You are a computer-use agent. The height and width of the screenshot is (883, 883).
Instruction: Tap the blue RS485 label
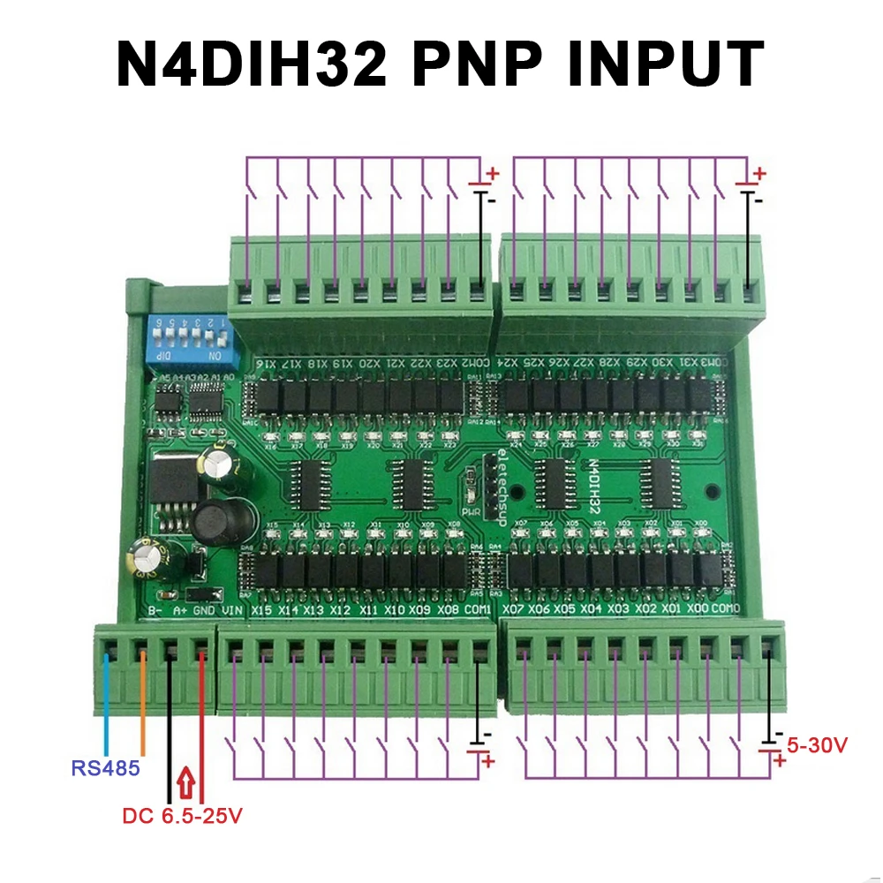tap(106, 768)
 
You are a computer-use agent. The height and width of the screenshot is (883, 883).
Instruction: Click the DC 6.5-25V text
tap(182, 817)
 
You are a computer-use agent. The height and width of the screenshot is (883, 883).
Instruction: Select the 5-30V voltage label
tap(817, 746)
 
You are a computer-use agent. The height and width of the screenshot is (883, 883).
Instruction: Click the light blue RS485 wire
tap(106, 706)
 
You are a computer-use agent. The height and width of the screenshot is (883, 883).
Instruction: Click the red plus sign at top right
tap(759, 174)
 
